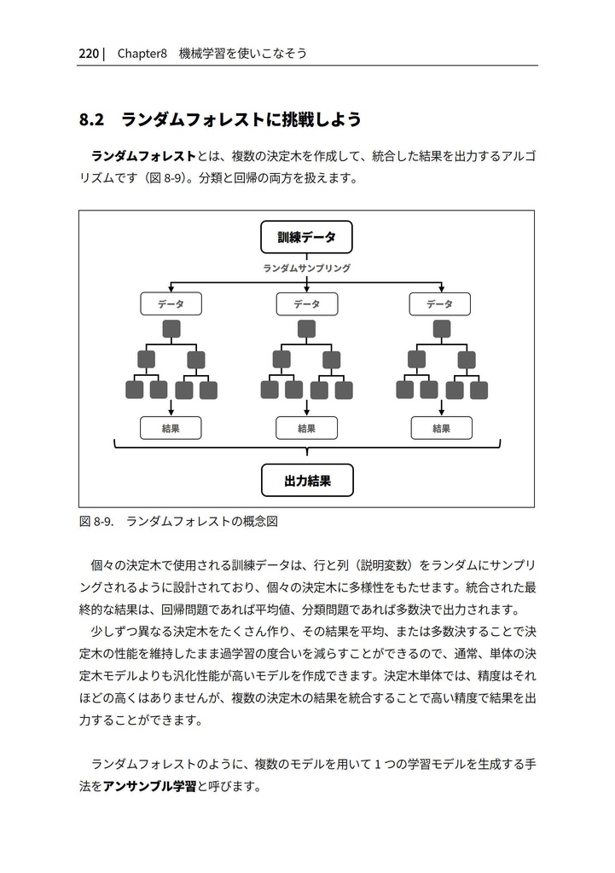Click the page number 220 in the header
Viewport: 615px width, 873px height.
point(88,54)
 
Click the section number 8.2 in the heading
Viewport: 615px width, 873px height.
point(91,120)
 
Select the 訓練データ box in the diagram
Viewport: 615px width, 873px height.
point(306,237)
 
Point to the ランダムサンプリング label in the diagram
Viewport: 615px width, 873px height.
point(306,268)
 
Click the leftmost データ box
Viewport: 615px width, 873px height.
point(171,304)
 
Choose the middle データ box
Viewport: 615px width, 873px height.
point(306,304)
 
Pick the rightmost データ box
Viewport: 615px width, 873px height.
point(440,304)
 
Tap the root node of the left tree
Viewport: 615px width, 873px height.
point(171,329)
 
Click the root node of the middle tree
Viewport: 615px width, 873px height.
point(306,329)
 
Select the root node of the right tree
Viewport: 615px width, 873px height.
point(441,329)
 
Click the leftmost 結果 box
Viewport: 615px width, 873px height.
point(171,428)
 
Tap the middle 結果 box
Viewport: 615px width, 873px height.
point(306,428)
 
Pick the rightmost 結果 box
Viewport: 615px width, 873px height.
point(441,428)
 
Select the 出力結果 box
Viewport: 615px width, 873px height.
point(306,481)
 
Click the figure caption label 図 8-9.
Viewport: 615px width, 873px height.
point(96,521)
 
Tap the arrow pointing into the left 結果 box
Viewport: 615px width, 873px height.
point(171,409)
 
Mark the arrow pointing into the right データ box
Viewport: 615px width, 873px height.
point(441,287)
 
